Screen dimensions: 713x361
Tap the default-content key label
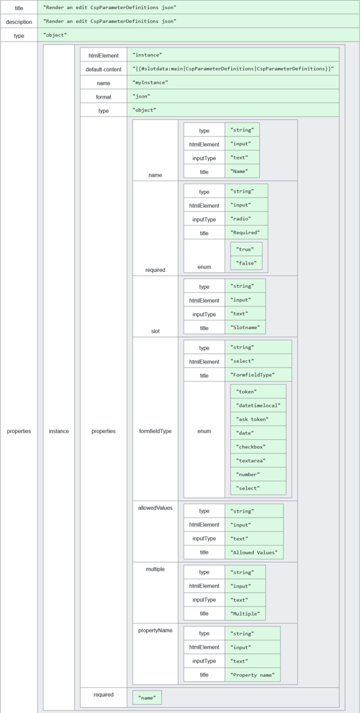pos(103,69)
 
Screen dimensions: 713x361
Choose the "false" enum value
pos(247,263)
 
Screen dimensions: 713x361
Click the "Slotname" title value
pos(244,328)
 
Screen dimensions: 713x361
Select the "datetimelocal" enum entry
pos(258,406)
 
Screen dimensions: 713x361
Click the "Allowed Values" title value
pos(253,552)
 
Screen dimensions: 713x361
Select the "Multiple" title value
pos(244,614)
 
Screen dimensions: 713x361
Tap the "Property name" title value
pos(252,675)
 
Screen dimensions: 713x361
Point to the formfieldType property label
pos(155,431)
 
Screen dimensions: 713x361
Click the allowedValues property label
pos(155,508)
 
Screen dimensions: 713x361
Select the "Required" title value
pos(245,232)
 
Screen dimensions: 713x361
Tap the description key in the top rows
pos(19,22)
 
